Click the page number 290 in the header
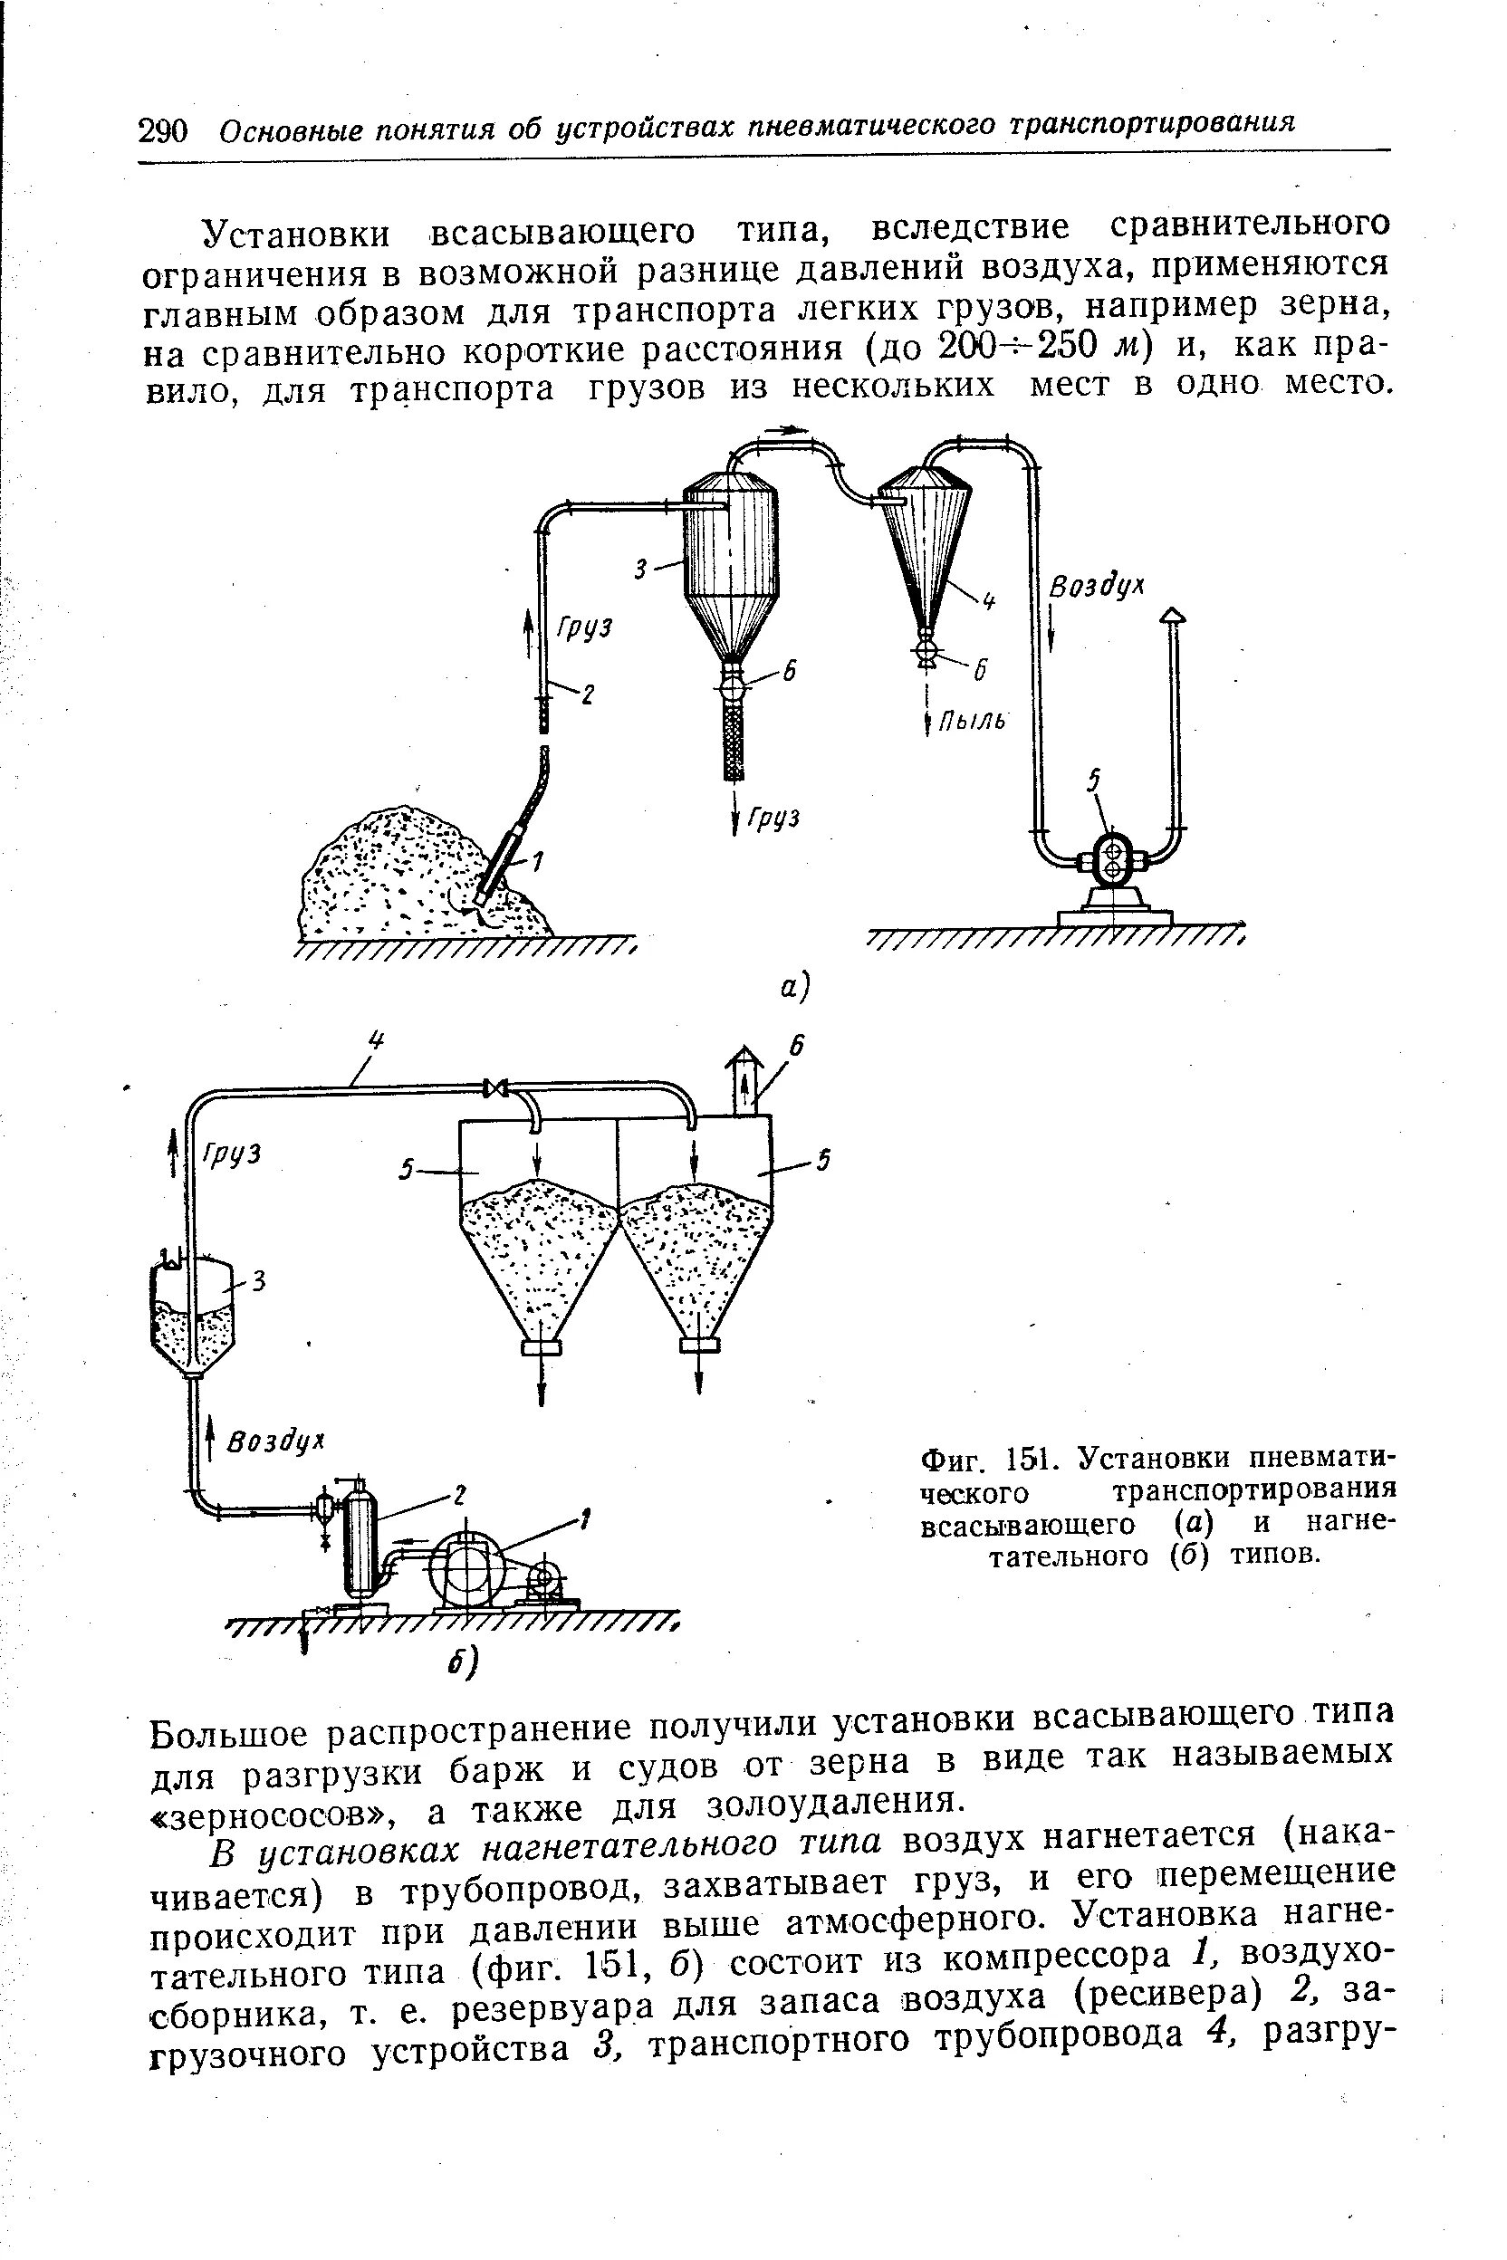(164, 129)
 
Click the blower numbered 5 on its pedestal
(1113, 860)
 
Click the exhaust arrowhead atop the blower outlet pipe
(1173, 616)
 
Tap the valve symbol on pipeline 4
(497, 1087)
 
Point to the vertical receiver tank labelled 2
(361, 1544)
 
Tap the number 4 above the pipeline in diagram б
(377, 1039)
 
